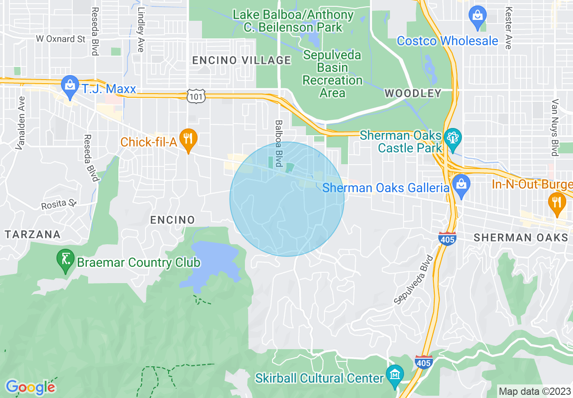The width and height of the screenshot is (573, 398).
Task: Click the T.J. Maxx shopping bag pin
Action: [x=70, y=86]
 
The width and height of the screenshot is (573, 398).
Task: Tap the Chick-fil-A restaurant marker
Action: [x=188, y=137]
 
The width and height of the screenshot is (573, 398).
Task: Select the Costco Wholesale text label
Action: [x=447, y=41]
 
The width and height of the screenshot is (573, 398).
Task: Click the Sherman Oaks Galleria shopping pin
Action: [x=461, y=185]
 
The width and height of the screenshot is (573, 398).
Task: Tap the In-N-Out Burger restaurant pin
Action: [x=556, y=202]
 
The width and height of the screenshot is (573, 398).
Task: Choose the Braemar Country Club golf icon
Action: [x=66, y=260]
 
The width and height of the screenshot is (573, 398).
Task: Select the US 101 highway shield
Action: [x=197, y=96]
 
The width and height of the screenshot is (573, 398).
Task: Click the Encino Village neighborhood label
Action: [x=241, y=60]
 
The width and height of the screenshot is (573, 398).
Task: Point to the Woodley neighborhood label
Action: [x=413, y=94]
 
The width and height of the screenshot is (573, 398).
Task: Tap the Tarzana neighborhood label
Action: [x=33, y=234]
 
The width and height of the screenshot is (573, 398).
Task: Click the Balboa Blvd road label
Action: [x=279, y=143]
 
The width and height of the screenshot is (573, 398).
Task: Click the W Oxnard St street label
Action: [x=61, y=39]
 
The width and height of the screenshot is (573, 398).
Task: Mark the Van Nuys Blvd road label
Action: [x=555, y=128]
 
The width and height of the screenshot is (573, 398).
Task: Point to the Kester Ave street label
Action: [x=509, y=28]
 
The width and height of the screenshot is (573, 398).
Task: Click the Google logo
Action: [x=30, y=387]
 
